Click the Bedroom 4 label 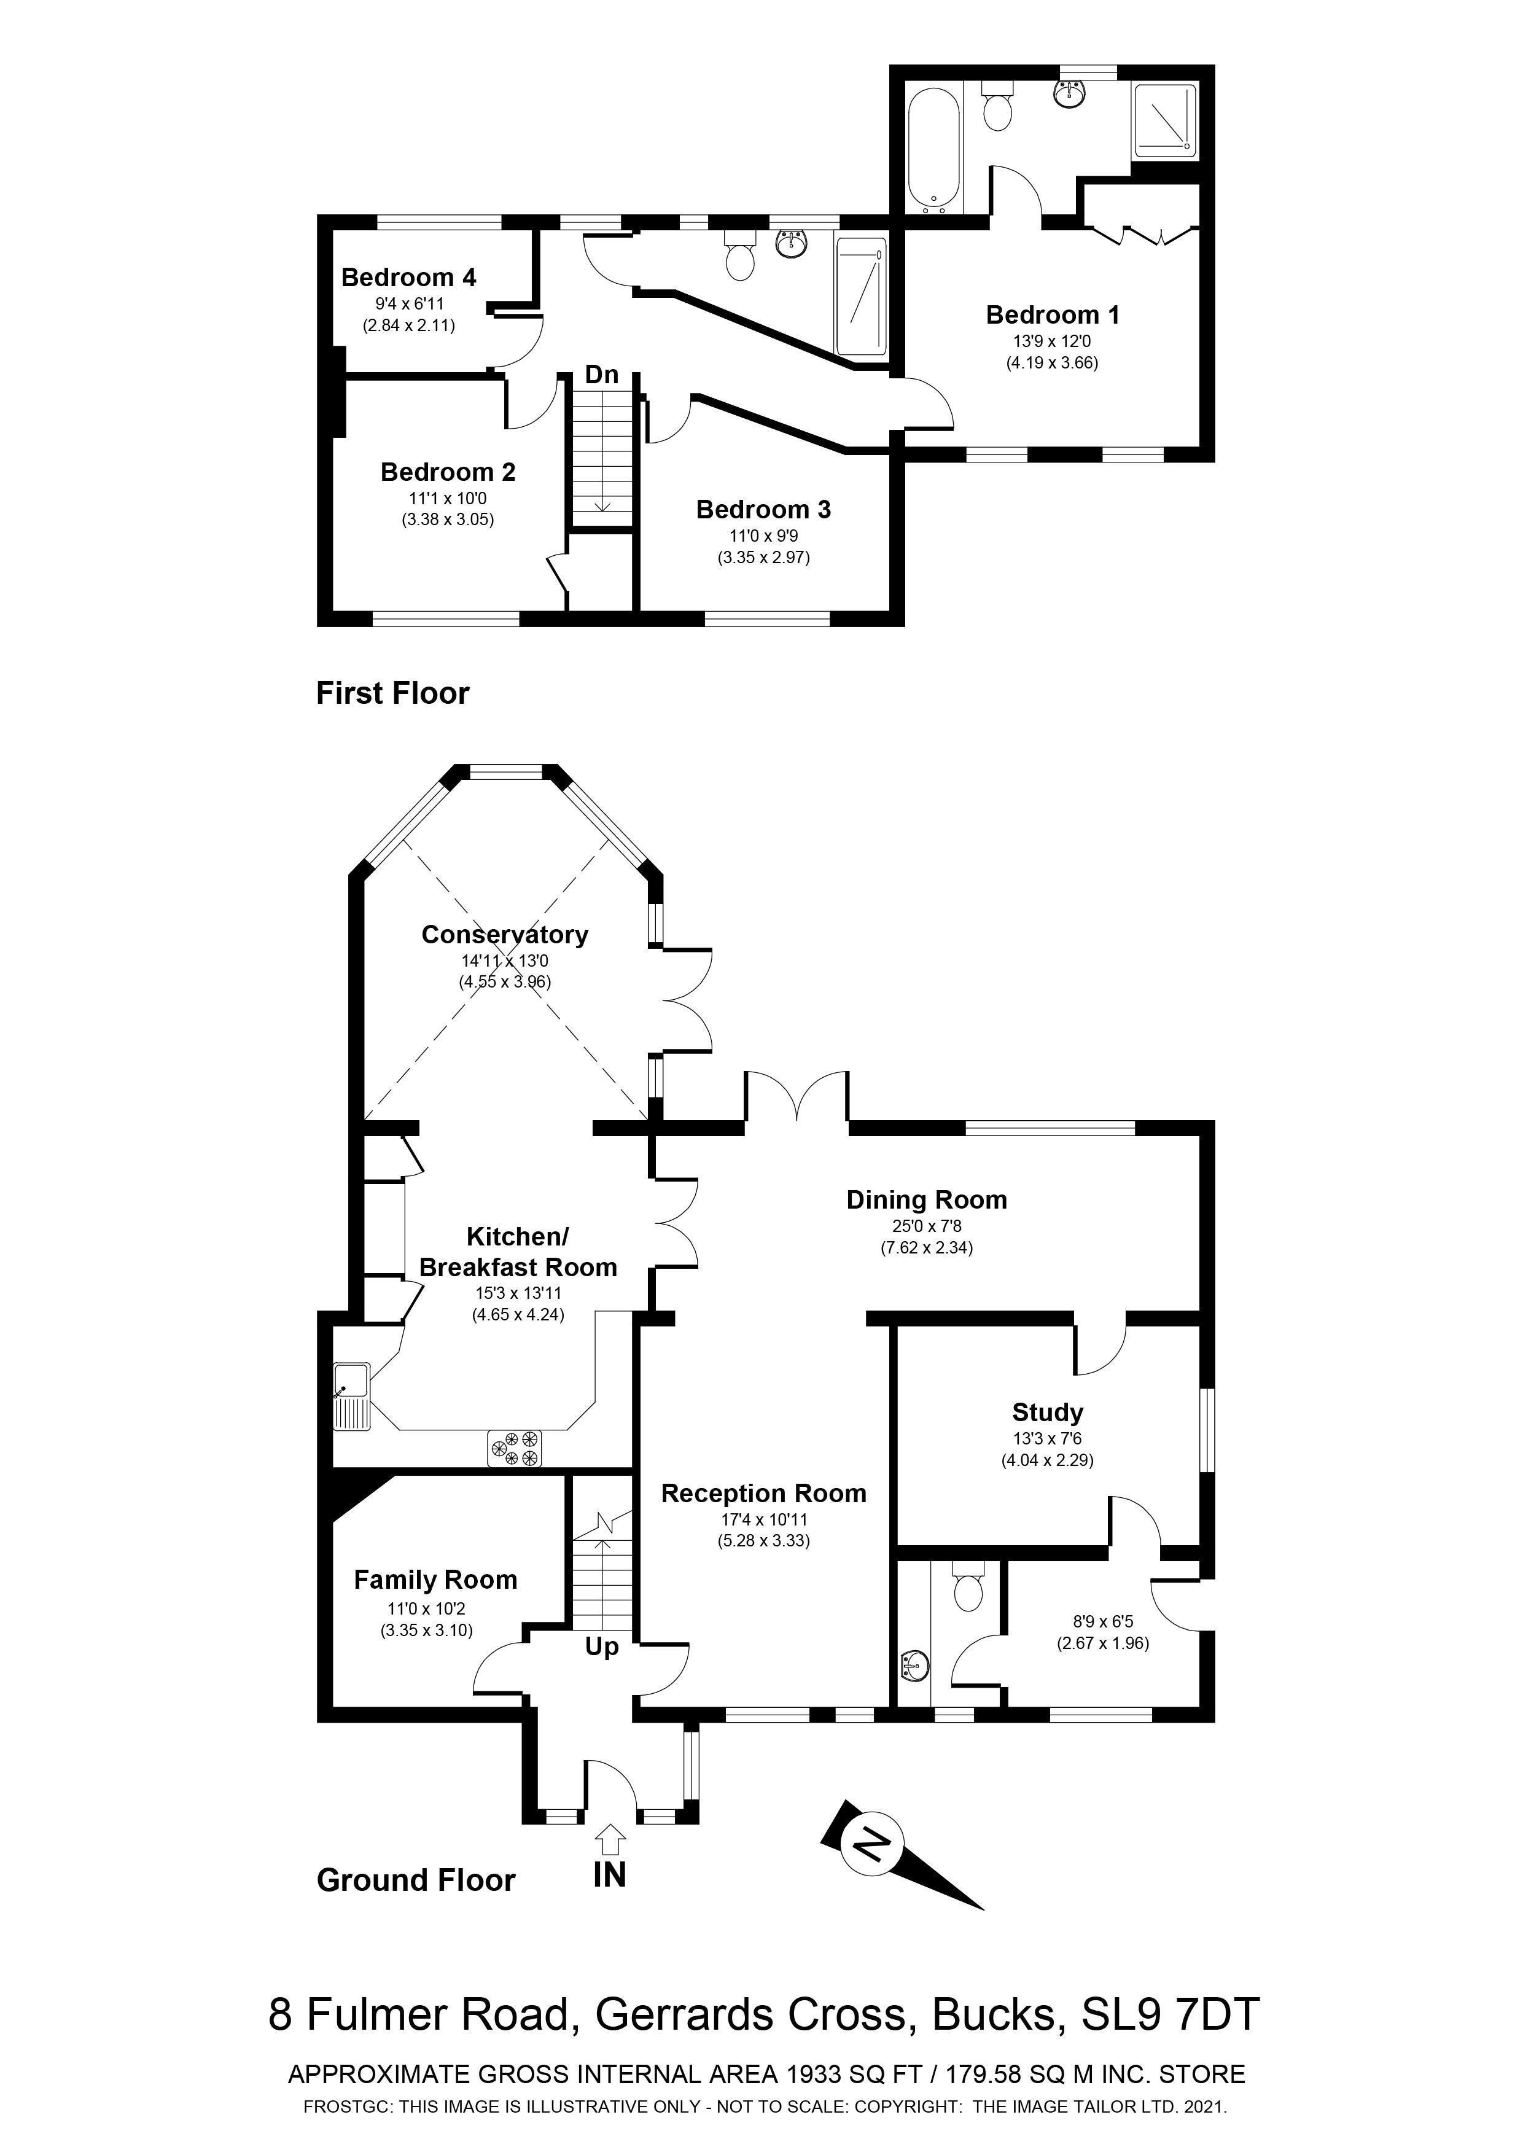pyautogui.click(x=408, y=278)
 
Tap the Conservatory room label pyautogui.click(x=504, y=934)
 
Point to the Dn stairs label pyautogui.click(x=601, y=375)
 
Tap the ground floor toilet pyautogui.click(x=967, y=1589)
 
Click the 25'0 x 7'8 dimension pyautogui.click(x=926, y=1226)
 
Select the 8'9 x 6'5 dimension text pyautogui.click(x=1102, y=1620)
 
